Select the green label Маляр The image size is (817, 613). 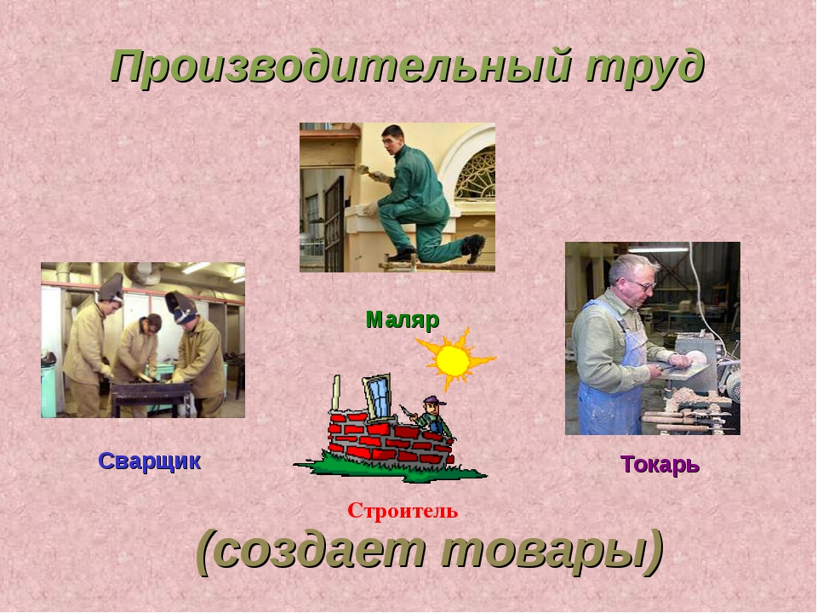403,319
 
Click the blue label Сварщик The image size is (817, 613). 150,461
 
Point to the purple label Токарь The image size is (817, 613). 660,464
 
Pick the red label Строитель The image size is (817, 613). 403,510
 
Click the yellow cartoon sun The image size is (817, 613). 454,359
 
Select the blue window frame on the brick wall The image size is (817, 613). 377,395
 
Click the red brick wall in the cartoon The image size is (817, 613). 391,438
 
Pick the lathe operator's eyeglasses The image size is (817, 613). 643,284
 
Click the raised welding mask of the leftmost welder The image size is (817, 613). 112,288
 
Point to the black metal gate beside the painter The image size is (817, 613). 334,225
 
